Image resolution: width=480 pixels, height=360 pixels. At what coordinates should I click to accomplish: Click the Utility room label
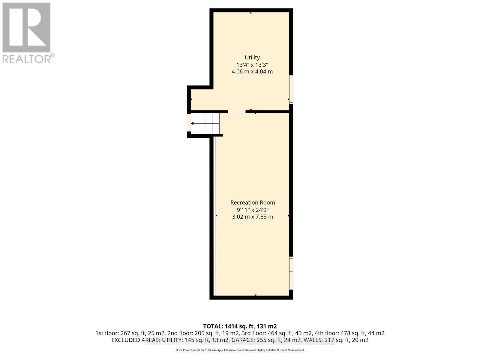click(x=252, y=57)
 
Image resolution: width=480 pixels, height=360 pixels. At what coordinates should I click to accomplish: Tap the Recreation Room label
click(x=253, y=202)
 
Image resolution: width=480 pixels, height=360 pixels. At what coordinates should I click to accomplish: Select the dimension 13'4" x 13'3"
click(x=252, y=64)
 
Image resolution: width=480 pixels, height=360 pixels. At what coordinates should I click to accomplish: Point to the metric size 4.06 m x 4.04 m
click(x=252, y=72)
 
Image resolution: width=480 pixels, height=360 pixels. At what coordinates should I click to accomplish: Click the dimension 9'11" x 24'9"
click(x=253, y=210)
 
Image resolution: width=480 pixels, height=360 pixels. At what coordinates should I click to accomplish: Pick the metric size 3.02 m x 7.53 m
click(x=253, y=217)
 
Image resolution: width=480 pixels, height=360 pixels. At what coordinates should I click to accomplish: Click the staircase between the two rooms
click(x=205, y=123)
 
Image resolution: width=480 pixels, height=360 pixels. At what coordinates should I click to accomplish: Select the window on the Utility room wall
click(x=291, y=89)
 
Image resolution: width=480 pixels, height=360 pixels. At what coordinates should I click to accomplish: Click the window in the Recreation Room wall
click(x=291, y=273)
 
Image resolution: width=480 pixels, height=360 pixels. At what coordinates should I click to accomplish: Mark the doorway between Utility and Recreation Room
click(x=237, y=112)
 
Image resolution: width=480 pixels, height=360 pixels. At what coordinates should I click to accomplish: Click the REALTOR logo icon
click(x=26, y=27)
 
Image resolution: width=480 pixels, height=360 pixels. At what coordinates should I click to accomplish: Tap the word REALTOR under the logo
click(x=27, y=58)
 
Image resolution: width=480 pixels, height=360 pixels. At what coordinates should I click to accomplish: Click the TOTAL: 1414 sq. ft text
click(x=240, y=326)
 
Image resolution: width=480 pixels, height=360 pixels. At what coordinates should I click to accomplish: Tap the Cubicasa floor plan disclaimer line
click(x=240, y=350)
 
